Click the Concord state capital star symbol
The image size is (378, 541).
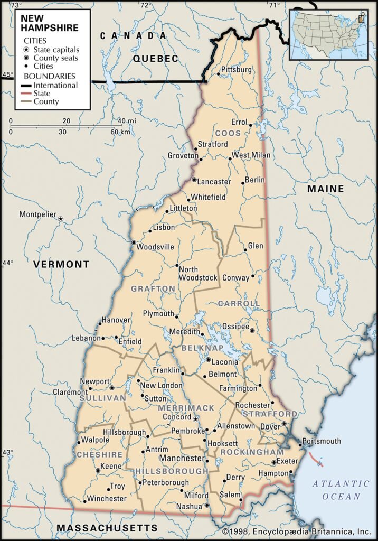(195, 419)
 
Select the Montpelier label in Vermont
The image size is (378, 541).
(37, 214)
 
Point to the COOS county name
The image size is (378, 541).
(228, 133)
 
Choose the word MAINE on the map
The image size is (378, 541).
(325, 189)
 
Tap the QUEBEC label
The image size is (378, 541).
(156, 59)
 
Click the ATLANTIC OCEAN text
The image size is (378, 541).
(341, 490)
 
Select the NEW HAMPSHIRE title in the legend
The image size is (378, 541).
(49, 23)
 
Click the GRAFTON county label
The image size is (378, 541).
(153, 288)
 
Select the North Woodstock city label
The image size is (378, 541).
(198, 273)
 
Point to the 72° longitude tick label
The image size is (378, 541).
(146, 5)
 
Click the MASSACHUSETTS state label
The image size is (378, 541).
(107, 528)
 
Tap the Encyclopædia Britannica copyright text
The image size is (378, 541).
(297, 531)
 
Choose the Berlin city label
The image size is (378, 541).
(255, 180)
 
